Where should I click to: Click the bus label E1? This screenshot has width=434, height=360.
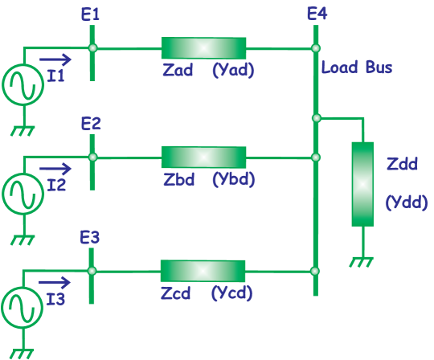(91, 14)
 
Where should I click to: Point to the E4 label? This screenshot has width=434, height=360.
(317, 14)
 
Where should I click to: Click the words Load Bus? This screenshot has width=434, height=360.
(357, 67)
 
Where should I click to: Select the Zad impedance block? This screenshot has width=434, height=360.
(203, 48)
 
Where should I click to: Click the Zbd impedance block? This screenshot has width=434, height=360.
(203, 157)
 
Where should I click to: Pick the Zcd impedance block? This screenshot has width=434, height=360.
(203, 271)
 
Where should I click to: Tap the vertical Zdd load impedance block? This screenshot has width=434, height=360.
(362, 184)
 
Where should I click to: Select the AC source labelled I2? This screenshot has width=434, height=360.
(22, 194)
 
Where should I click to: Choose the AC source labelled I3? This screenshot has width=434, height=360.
(22, 308)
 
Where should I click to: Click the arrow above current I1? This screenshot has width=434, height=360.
(55, 59)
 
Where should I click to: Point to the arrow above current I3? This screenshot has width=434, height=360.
(55, 282)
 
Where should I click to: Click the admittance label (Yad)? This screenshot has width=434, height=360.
(233, 70)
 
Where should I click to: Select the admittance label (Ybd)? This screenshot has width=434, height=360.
(233, 179)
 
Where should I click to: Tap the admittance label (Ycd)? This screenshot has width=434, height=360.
(233, 293)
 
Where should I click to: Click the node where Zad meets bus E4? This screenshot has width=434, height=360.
(316, 48)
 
